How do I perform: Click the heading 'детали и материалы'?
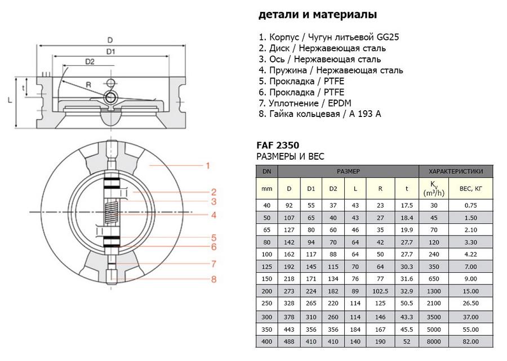[318, 15]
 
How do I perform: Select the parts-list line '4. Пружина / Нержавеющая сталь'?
[331, 70]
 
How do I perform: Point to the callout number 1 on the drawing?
[207, 165]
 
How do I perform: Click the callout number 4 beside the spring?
[214, 215]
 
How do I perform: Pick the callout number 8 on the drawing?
[214, 279]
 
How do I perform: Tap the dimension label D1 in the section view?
[110, 52]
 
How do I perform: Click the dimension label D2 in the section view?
[90, 62]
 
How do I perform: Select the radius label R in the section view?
[88, 85]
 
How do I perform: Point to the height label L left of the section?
[10, 100]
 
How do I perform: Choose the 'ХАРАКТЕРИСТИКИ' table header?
[456, 171]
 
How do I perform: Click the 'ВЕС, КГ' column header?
[471, 188]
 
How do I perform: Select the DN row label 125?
[266, 266]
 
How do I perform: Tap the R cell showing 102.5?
[381, 291]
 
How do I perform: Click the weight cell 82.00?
[471, 341]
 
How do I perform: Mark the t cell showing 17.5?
[407, 205]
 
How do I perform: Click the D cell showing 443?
[289, 329]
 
